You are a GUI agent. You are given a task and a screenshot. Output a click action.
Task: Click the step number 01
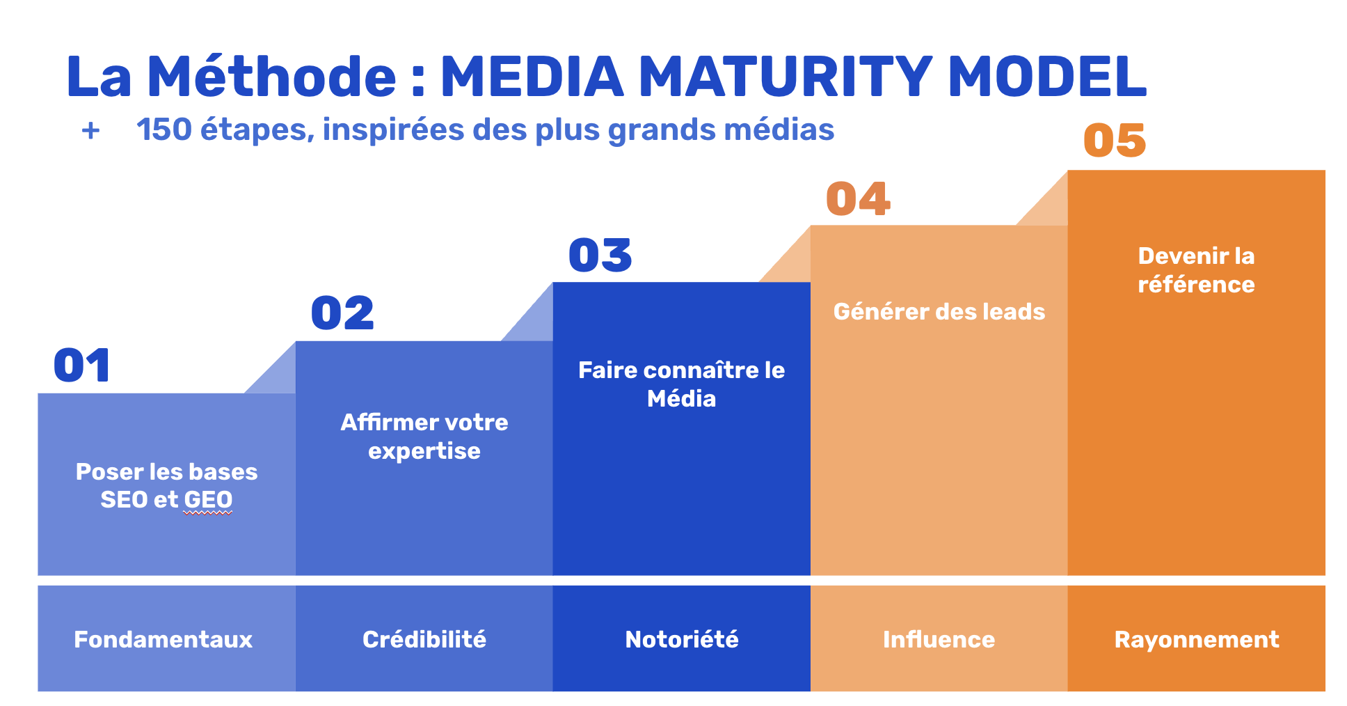click(x=82, y=366)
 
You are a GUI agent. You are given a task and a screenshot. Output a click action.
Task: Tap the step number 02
click(x=342, y=313)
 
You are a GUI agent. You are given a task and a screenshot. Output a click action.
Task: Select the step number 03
click(x=600, y=256)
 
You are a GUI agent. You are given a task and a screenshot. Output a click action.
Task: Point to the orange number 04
click(x=858, y=199)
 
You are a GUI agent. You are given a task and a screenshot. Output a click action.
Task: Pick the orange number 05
click(x=1115, y=141)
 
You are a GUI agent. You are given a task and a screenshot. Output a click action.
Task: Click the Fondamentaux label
click(x=164, y=639)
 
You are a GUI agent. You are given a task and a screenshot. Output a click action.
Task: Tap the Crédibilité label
click(x=424, y=639)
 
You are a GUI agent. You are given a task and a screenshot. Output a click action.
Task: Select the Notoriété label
click(x=681, y=639)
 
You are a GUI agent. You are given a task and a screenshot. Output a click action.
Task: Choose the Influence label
click(x=939, y=639)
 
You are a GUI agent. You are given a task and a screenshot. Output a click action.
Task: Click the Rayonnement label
click(x=1196, y=639)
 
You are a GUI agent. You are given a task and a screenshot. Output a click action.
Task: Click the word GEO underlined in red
click(x=208, y=500)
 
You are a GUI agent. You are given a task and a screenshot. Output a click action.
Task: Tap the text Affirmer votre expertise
click(x=424, y=437)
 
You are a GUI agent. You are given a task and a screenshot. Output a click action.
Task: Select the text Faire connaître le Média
click(x=681, y=384)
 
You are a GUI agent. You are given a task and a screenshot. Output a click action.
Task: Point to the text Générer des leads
click(x=939, y=311)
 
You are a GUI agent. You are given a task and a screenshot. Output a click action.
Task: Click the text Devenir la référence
click(x=1196, y=270)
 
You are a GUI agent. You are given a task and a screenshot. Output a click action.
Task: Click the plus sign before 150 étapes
click(x=90, y=131)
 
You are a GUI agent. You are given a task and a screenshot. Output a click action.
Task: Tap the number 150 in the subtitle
click(x=164, y=130)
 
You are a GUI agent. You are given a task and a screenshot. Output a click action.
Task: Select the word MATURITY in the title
click(x=786, y=77)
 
